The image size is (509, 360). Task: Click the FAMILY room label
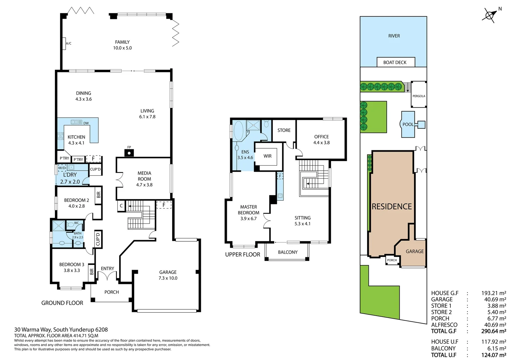122,42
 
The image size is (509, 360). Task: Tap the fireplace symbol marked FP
129,153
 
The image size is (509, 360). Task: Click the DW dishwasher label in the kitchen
86,123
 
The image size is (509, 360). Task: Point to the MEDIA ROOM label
144,176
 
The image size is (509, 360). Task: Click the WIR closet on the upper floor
267,156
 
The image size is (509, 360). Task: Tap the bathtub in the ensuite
239,131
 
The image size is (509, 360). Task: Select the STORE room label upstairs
284,130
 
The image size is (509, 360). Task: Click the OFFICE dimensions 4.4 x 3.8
321,143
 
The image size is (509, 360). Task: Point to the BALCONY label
287,252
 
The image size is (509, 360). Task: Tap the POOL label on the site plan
408,124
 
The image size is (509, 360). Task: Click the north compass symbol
490,15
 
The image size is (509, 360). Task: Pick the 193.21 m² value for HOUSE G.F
493,293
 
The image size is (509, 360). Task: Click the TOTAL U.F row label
443,355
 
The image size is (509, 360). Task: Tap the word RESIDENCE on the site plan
392,207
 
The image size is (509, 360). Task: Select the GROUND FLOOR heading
62,303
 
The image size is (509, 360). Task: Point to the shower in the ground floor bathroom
59,226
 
